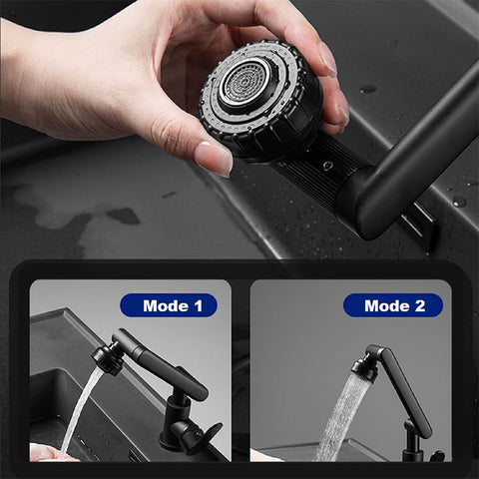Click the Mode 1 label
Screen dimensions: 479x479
168,305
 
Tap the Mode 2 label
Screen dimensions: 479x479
392,305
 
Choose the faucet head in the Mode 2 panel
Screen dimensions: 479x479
365,366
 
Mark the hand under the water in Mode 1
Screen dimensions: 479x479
50,452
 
